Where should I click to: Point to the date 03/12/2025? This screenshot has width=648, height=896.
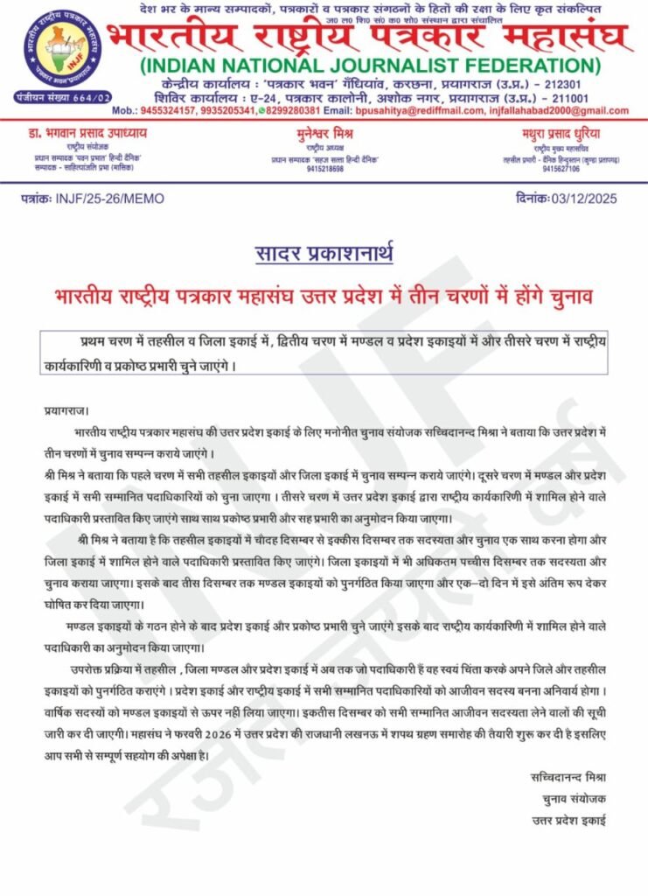click(585, 199)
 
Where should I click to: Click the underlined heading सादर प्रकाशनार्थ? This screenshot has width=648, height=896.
click(324, 255)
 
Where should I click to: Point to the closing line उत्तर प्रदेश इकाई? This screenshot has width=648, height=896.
click(569, 820)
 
